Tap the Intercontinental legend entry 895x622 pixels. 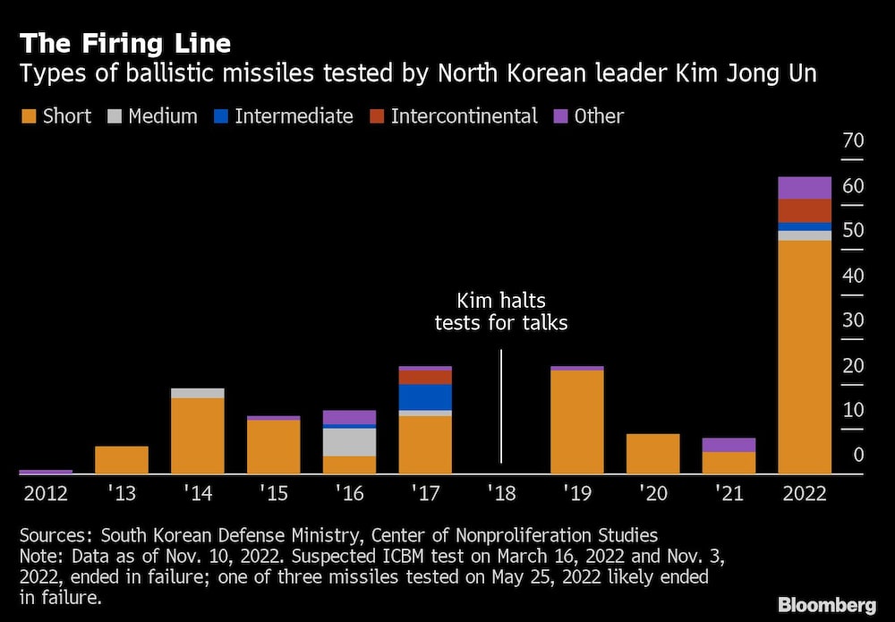click(x=464, y=116)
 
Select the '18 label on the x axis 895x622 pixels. click(x=501, y=493)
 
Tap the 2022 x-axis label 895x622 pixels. click(x=804, y=493)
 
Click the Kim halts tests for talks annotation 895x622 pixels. click(x=501, y=311)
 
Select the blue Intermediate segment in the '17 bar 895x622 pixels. click(x=425, y=396)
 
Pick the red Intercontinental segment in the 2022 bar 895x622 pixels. click(x=805, y=210)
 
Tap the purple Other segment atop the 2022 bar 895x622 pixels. click(x=805, y=188)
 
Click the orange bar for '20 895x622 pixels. click(x=652, y=454)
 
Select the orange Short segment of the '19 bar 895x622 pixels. click(x=576, y=422)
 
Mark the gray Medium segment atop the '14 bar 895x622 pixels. click(x=197, y=393)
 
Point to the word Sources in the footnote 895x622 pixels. click(x=55, y=535)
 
